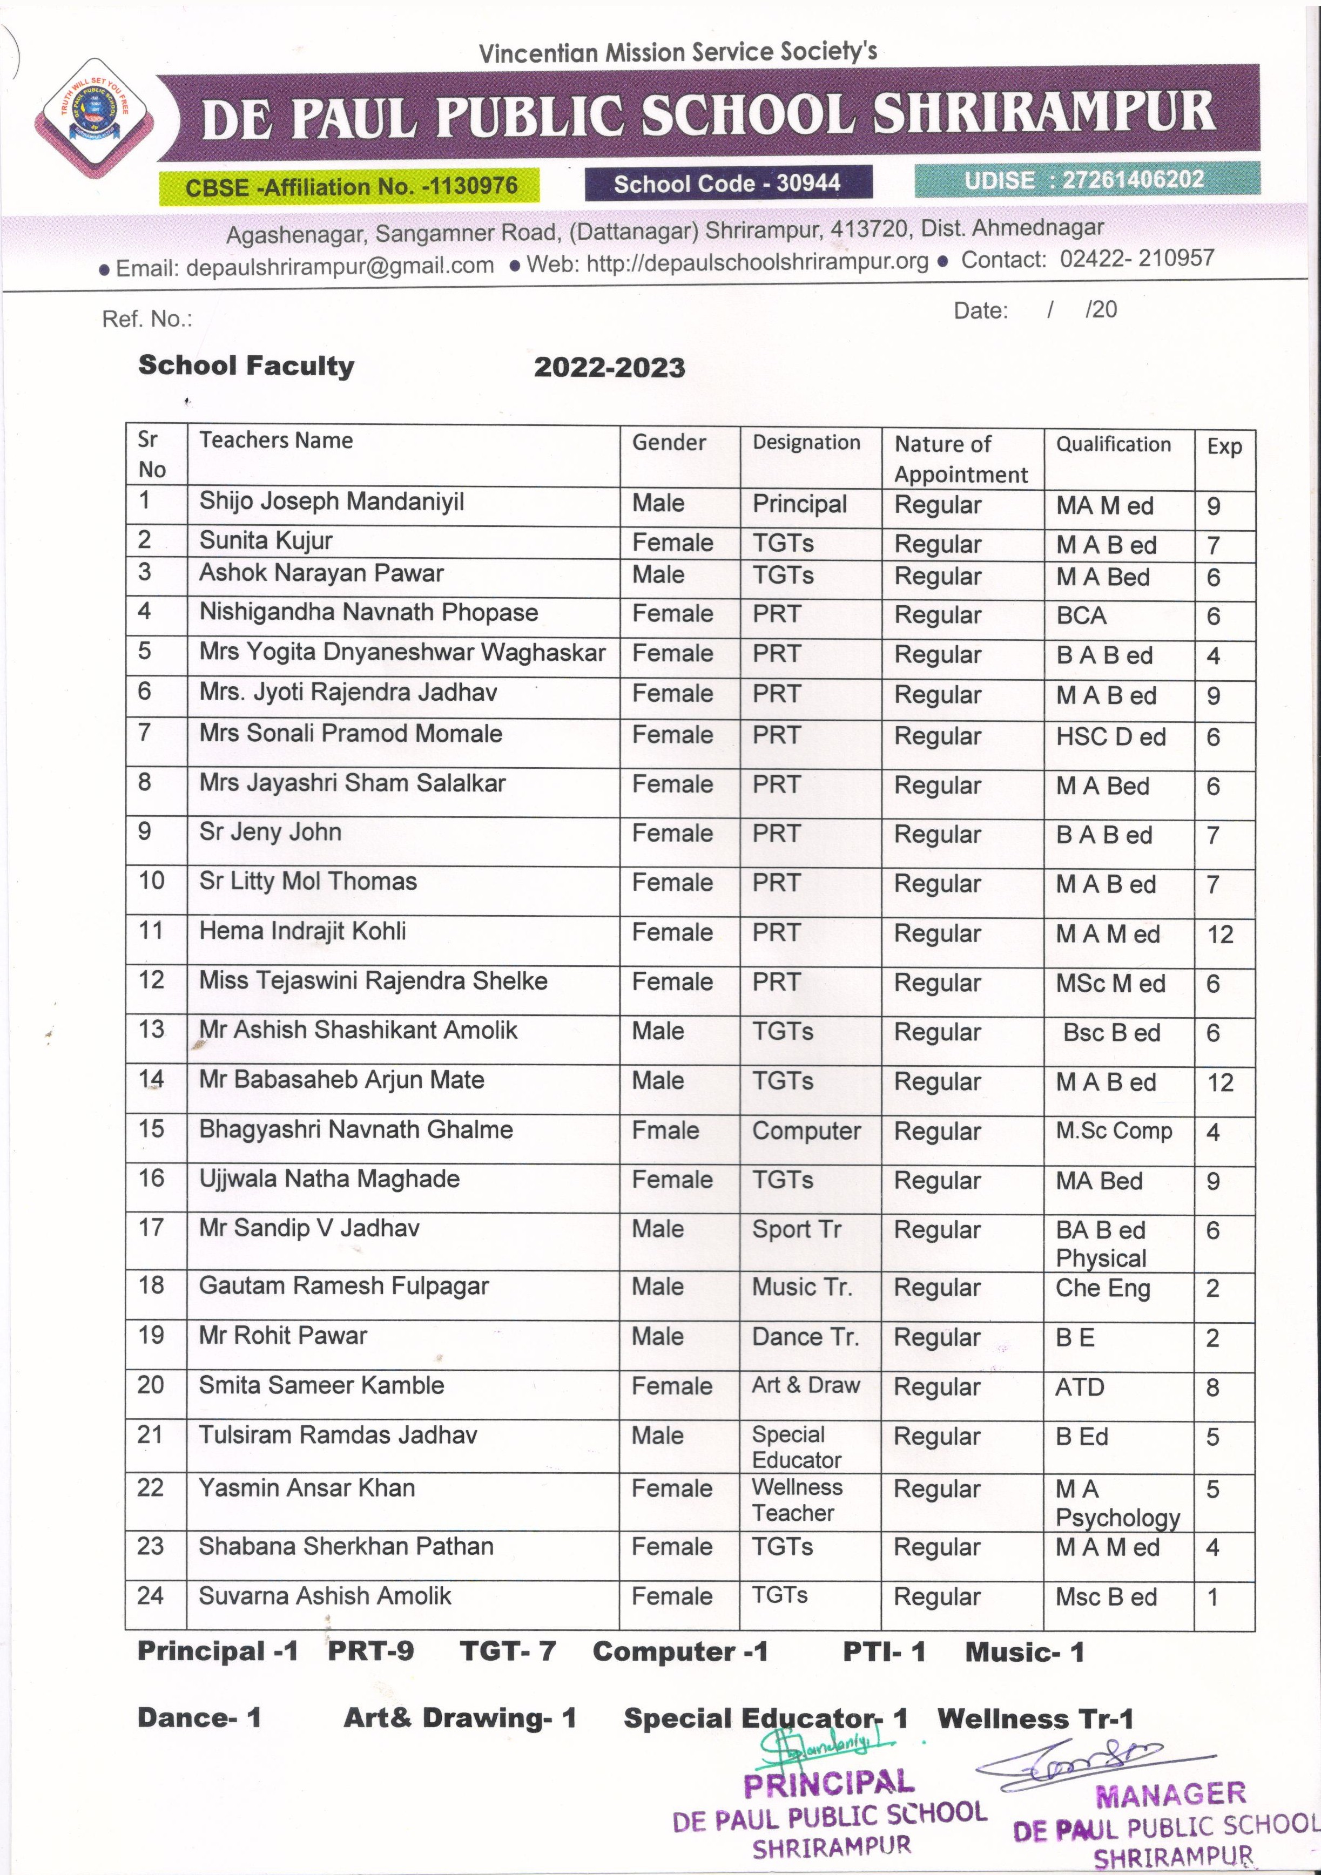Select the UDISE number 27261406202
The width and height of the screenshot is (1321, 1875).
point(1133,180)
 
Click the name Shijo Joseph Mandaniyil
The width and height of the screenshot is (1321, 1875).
point(331,502)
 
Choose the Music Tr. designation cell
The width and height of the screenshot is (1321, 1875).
point(801,1287)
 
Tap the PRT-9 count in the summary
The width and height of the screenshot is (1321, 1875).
point(371,1651)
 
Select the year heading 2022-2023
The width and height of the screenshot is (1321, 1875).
point(609,368)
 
